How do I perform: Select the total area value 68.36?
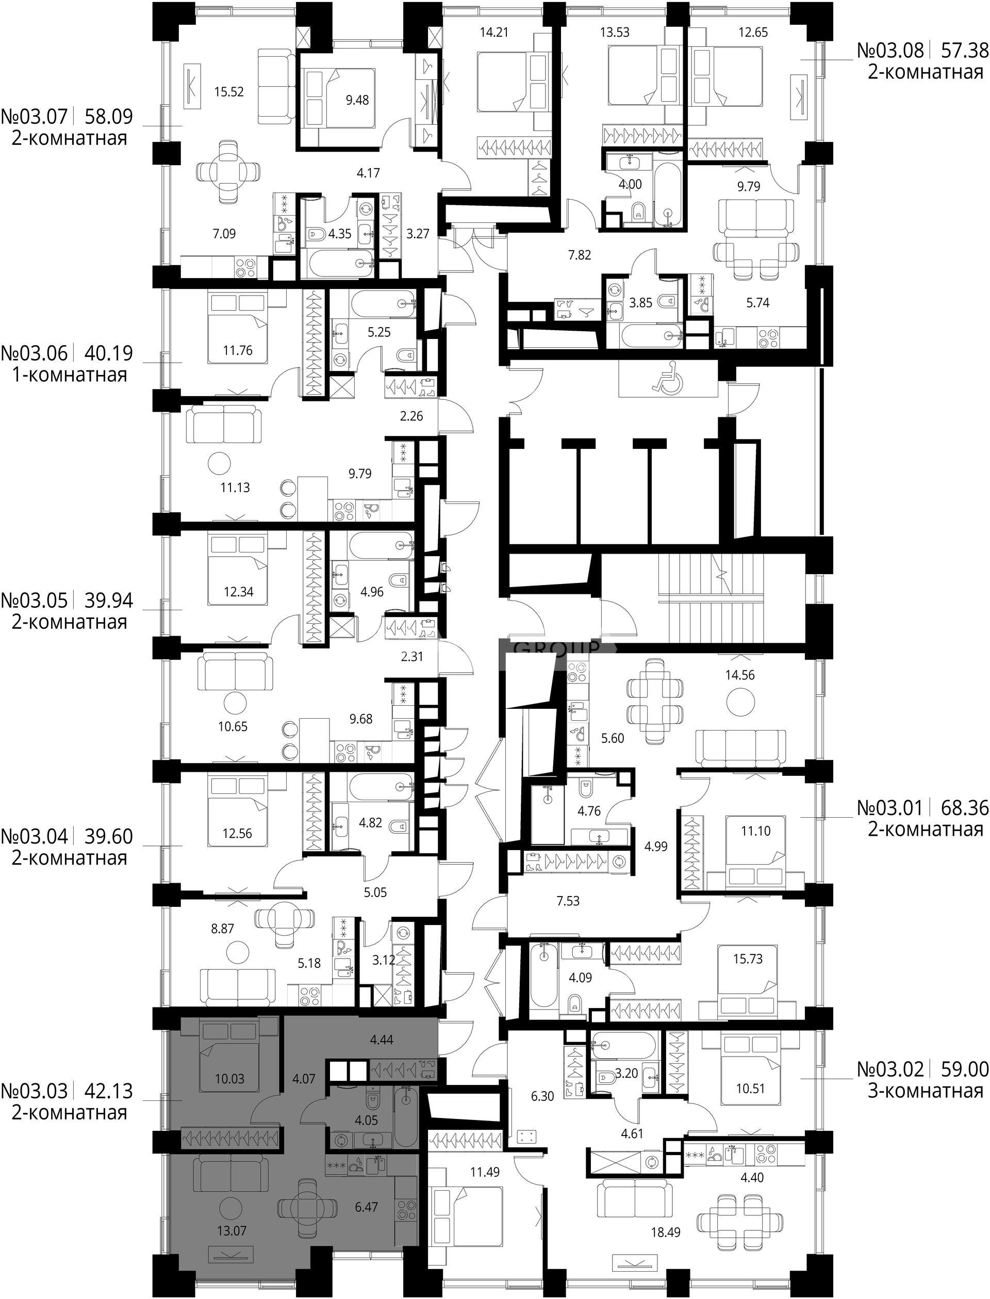(964, 807)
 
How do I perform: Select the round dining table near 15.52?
(227, 172)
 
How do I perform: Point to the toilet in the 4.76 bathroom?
(586, 787)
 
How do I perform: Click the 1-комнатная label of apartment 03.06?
(70, 375)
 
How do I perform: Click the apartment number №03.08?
(890, 50)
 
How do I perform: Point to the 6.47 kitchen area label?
(366, 1207)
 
